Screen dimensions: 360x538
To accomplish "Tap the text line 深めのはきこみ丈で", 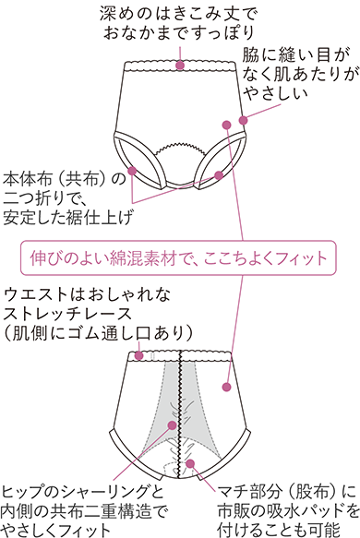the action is pos(180,13).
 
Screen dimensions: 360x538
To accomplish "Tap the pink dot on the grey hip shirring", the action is pos(173,425).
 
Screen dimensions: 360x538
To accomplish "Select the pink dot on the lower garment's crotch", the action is pos(190,463).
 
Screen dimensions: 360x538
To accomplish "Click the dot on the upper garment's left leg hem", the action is pos(134,170).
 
